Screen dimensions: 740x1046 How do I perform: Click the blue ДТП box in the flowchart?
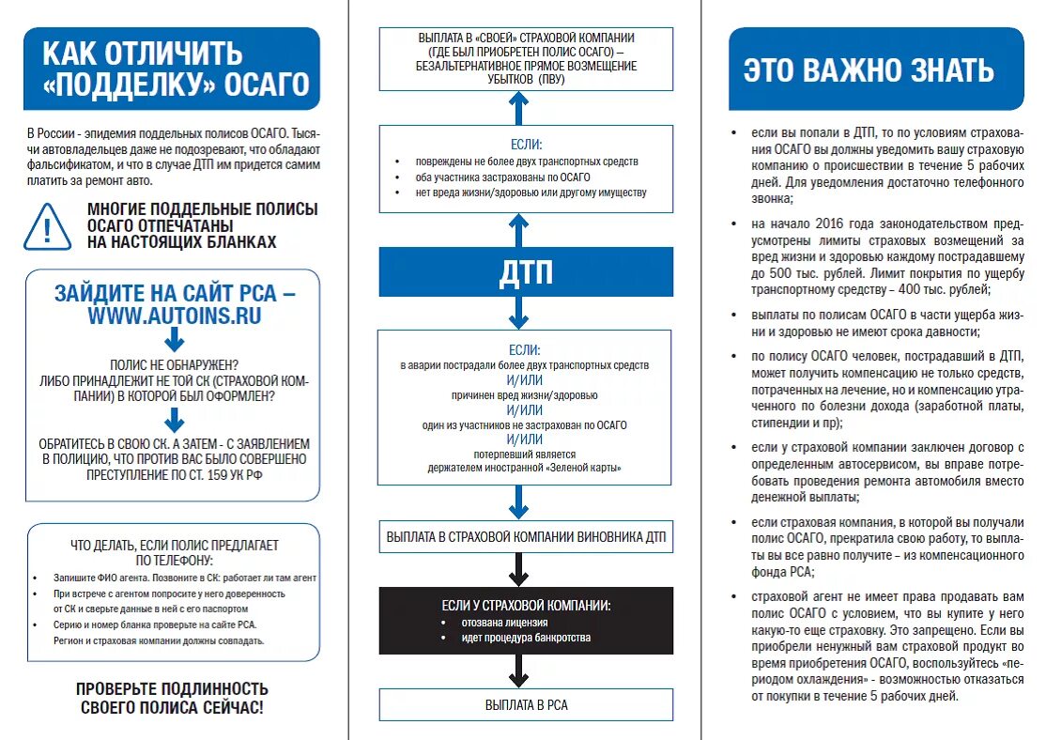click(526, 272)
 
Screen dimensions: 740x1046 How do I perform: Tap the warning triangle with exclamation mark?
click(47, 225)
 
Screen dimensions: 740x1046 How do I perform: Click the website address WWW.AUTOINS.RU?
click(175, 316)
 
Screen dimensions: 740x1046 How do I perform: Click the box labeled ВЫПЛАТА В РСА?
click(526, 705)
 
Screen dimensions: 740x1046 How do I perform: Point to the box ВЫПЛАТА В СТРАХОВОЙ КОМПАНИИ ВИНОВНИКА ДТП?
click(526, 537)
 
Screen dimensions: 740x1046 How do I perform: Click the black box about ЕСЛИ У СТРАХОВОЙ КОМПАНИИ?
click(526, 621)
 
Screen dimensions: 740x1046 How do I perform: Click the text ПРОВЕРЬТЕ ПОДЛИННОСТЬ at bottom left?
click(172, 688)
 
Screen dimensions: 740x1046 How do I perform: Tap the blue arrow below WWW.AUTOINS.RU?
click(175, 343)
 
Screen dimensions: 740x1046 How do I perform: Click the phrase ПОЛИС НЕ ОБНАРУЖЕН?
click(174, 364)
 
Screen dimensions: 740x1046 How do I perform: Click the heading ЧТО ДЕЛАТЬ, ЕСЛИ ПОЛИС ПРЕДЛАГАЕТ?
click(175, 545)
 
